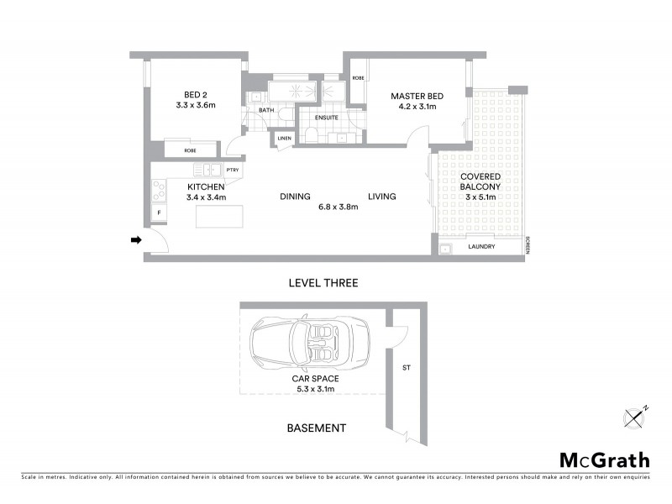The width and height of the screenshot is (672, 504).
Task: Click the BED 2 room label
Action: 195,94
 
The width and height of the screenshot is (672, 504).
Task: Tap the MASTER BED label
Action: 417,97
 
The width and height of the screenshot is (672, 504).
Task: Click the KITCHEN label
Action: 207,186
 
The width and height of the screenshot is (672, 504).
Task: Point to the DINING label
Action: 296,197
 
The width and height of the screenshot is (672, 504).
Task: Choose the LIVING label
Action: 381,197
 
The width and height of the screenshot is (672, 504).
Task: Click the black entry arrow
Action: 135,242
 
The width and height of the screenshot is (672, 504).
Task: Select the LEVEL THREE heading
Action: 323,283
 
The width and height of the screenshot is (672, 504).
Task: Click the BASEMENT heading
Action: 316,428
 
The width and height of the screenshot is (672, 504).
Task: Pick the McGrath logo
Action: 604,459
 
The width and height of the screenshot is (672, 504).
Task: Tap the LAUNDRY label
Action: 481,247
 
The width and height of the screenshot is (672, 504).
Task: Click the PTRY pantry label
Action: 232,170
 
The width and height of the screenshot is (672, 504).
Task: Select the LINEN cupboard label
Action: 284,138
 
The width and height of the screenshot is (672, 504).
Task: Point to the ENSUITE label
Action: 326,118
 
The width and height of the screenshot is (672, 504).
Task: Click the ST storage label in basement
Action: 406,367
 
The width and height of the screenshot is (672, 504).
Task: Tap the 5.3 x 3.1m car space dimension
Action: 314,389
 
